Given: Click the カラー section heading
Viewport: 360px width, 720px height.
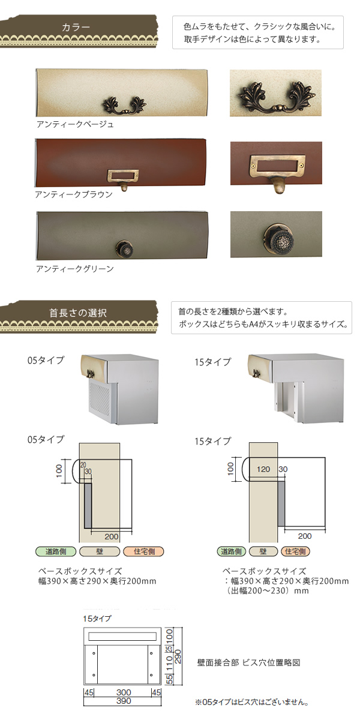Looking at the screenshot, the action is pyautogui.click(x=76, y=27).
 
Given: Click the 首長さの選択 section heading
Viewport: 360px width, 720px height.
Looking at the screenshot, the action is pyautogui.click(x=78, y=313).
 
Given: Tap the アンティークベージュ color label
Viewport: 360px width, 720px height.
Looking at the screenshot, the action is pyautogui.click(x=75, y=124).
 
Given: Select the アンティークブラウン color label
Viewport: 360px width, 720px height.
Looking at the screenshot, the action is pyautogui.click(x=74, y=194).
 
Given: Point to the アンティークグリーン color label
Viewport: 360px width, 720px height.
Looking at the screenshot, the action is pyautogui.click(x=75, y=269).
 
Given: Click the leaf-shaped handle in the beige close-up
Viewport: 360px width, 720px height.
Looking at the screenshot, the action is pyautogui.click(x=275, y=97).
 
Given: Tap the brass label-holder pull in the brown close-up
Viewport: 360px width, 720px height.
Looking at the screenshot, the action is pyautogui.click(x=277, y=172).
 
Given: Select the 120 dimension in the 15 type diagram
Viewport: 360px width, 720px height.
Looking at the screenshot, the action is pyautogui.click(x=263, y=469).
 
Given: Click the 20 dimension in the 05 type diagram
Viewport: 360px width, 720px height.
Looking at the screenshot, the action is pyautogui.click(x=83, y=465).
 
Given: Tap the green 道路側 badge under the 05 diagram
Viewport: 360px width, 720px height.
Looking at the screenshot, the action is pyautogui.click(x=56, y=551).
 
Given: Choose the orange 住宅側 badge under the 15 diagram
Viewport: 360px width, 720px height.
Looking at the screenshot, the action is pyautogui.click(x=295, y=551).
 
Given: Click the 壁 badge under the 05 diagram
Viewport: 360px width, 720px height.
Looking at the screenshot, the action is pyautogui.click(x=100, y=551).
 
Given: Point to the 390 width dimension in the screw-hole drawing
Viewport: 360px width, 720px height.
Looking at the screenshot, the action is pyautogui.click(x=124, y=701).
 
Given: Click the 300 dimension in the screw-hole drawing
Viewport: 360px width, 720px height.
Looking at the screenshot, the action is pyautogui.click(x=124, y=692).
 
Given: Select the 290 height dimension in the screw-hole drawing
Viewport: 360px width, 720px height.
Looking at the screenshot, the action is pyautogui.click(x=178, y=656).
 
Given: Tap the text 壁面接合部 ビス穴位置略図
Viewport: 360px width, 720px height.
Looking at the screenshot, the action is pyautogui.click(x=248, y=662).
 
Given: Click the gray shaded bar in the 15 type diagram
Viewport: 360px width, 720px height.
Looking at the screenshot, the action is pyautogui.click(x=281, y=503).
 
